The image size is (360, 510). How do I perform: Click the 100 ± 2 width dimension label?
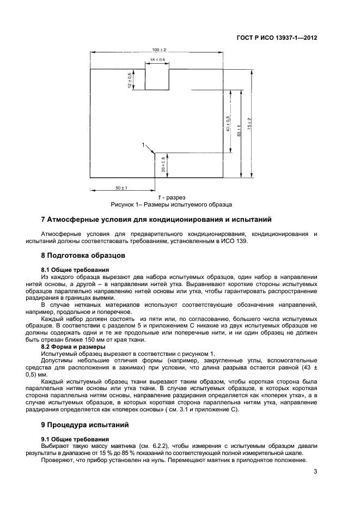[159, 50]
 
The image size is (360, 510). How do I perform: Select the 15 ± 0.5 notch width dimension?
[157, 60]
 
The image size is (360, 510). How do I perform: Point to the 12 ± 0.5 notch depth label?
[130, 80]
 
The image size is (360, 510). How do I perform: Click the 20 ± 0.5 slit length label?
[163, 165]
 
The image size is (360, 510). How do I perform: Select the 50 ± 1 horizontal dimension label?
[120, 188]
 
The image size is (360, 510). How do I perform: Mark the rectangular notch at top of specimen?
[157, 79]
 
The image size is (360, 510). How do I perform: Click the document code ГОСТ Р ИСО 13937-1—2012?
[276, 38]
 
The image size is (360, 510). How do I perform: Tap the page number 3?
[315, 472]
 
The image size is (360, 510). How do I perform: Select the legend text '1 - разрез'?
[172, 197]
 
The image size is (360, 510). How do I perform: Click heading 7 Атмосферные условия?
[156, 220]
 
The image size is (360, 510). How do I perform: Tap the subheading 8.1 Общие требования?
[75, 269]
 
